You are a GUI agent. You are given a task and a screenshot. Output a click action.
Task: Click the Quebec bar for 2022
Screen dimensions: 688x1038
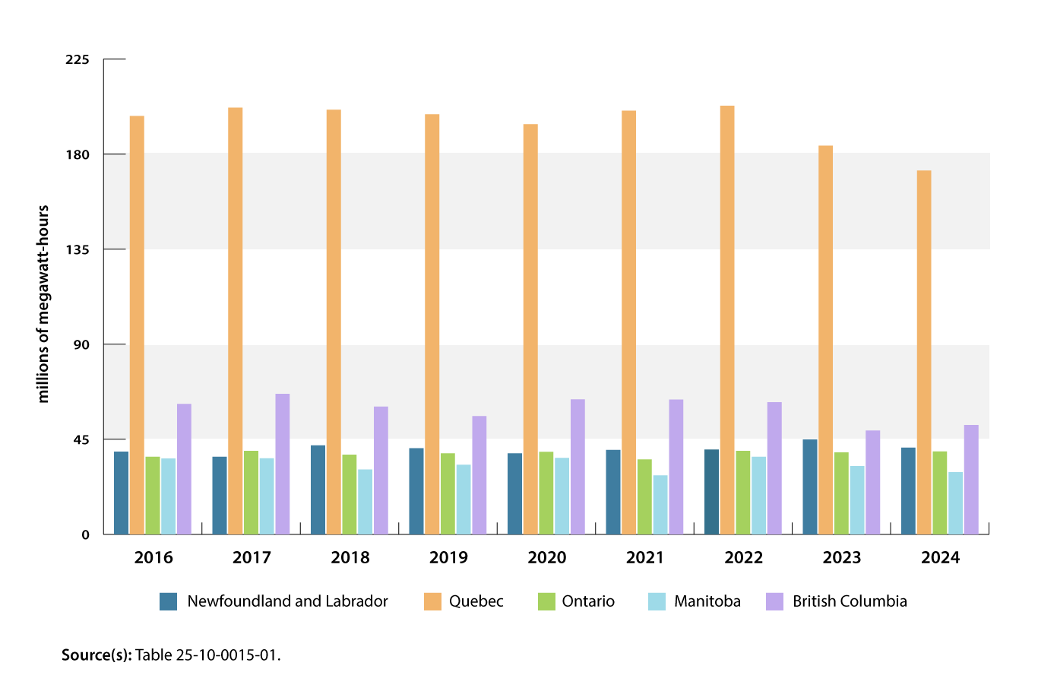tap(727, 320)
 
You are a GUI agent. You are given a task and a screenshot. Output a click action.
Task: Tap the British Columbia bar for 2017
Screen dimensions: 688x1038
tap(283, 464)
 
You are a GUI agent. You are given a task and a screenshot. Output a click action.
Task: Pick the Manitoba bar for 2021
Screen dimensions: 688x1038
tap(660, 505)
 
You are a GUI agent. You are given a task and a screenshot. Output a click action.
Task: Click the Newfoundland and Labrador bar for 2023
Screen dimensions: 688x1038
tap(810, 487)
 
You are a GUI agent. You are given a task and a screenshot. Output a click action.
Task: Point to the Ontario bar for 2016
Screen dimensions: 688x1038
tap(153, 495)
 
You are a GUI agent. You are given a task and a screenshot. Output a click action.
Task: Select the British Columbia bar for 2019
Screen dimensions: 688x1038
tap(479, 475)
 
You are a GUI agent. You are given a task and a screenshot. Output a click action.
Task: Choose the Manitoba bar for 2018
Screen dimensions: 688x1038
tap(366, 502)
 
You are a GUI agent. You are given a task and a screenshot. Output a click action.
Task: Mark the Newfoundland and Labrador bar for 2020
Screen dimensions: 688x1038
tap(515, 493)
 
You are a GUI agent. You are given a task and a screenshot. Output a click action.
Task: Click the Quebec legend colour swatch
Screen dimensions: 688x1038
tap(432, 601)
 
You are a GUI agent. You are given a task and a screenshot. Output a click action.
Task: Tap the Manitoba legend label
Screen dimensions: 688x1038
tap(707, 601)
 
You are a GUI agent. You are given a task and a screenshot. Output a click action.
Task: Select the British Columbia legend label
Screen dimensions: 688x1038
tap(850, 601)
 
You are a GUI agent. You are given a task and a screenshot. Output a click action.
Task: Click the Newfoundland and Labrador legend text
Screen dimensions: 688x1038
tap(287, 601)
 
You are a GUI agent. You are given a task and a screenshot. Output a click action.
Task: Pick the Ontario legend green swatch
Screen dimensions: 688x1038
tap(547, 601)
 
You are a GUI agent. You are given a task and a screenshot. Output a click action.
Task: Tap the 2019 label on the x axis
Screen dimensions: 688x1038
tap(448, 557)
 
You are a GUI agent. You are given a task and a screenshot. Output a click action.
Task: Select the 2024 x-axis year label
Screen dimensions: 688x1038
tap(940, 557)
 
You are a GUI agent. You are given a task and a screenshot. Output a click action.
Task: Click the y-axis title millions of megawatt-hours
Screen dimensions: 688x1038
tap(43, 304)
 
